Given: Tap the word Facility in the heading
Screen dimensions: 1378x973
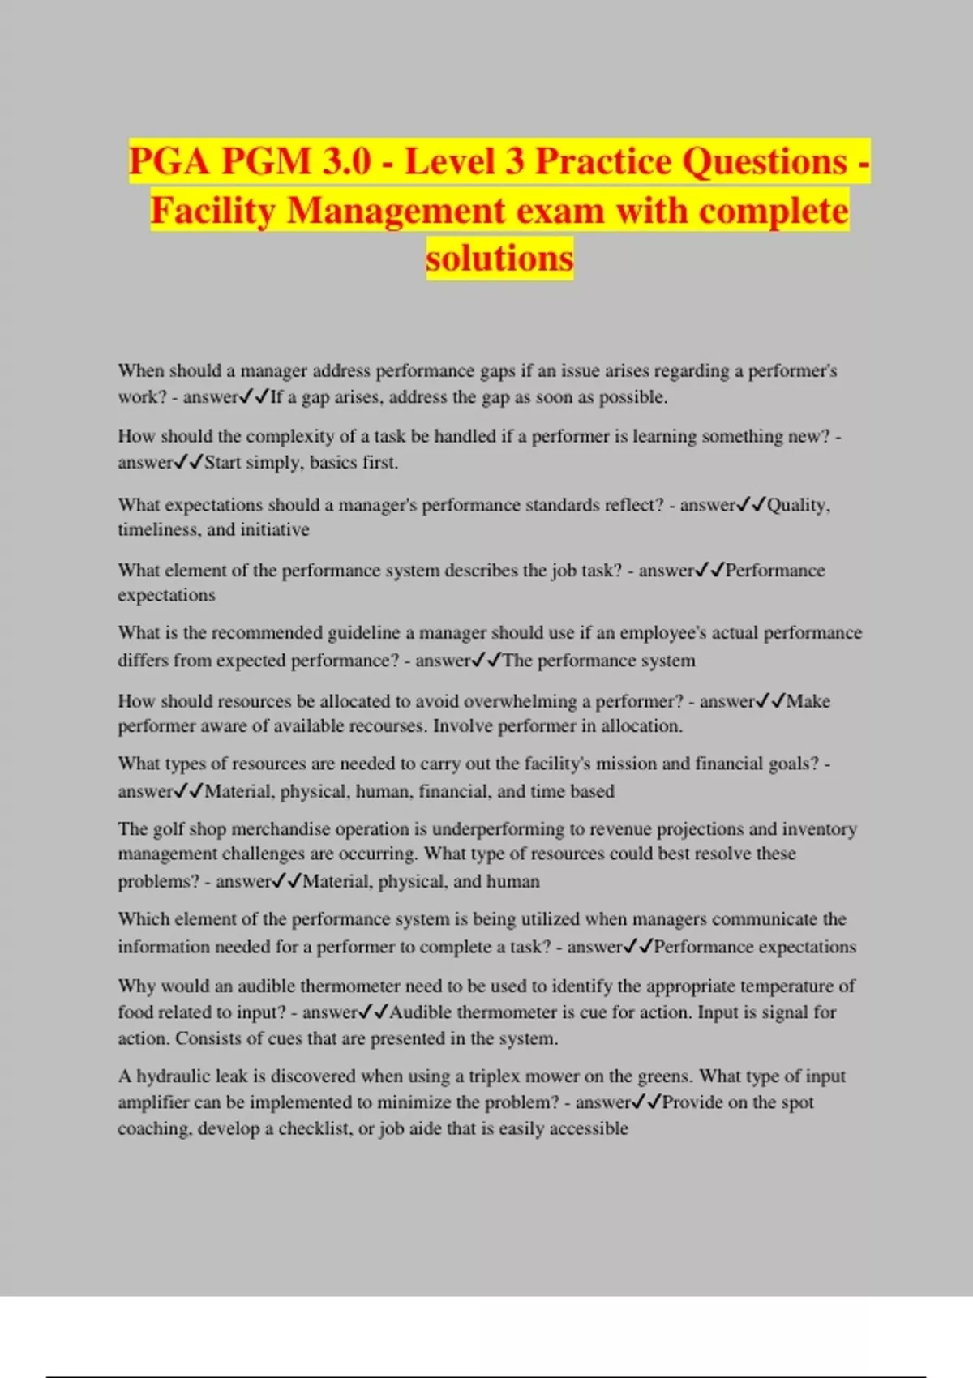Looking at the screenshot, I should [x=213, y=211].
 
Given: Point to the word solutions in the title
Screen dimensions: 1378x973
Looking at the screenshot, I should [x=499, y=259].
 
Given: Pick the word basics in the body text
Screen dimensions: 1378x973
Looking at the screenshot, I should [x=334, y=462].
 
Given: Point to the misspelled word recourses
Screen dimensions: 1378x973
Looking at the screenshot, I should [x=387, y=725].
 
